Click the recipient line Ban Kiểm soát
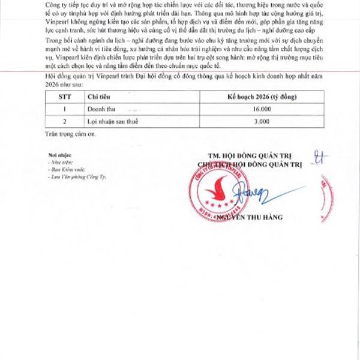click(x=65, y=170)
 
